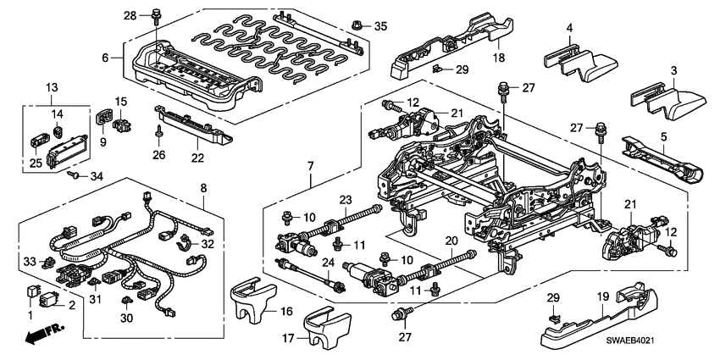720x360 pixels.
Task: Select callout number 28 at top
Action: pos(130,15)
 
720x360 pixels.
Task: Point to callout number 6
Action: pos(106,58)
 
